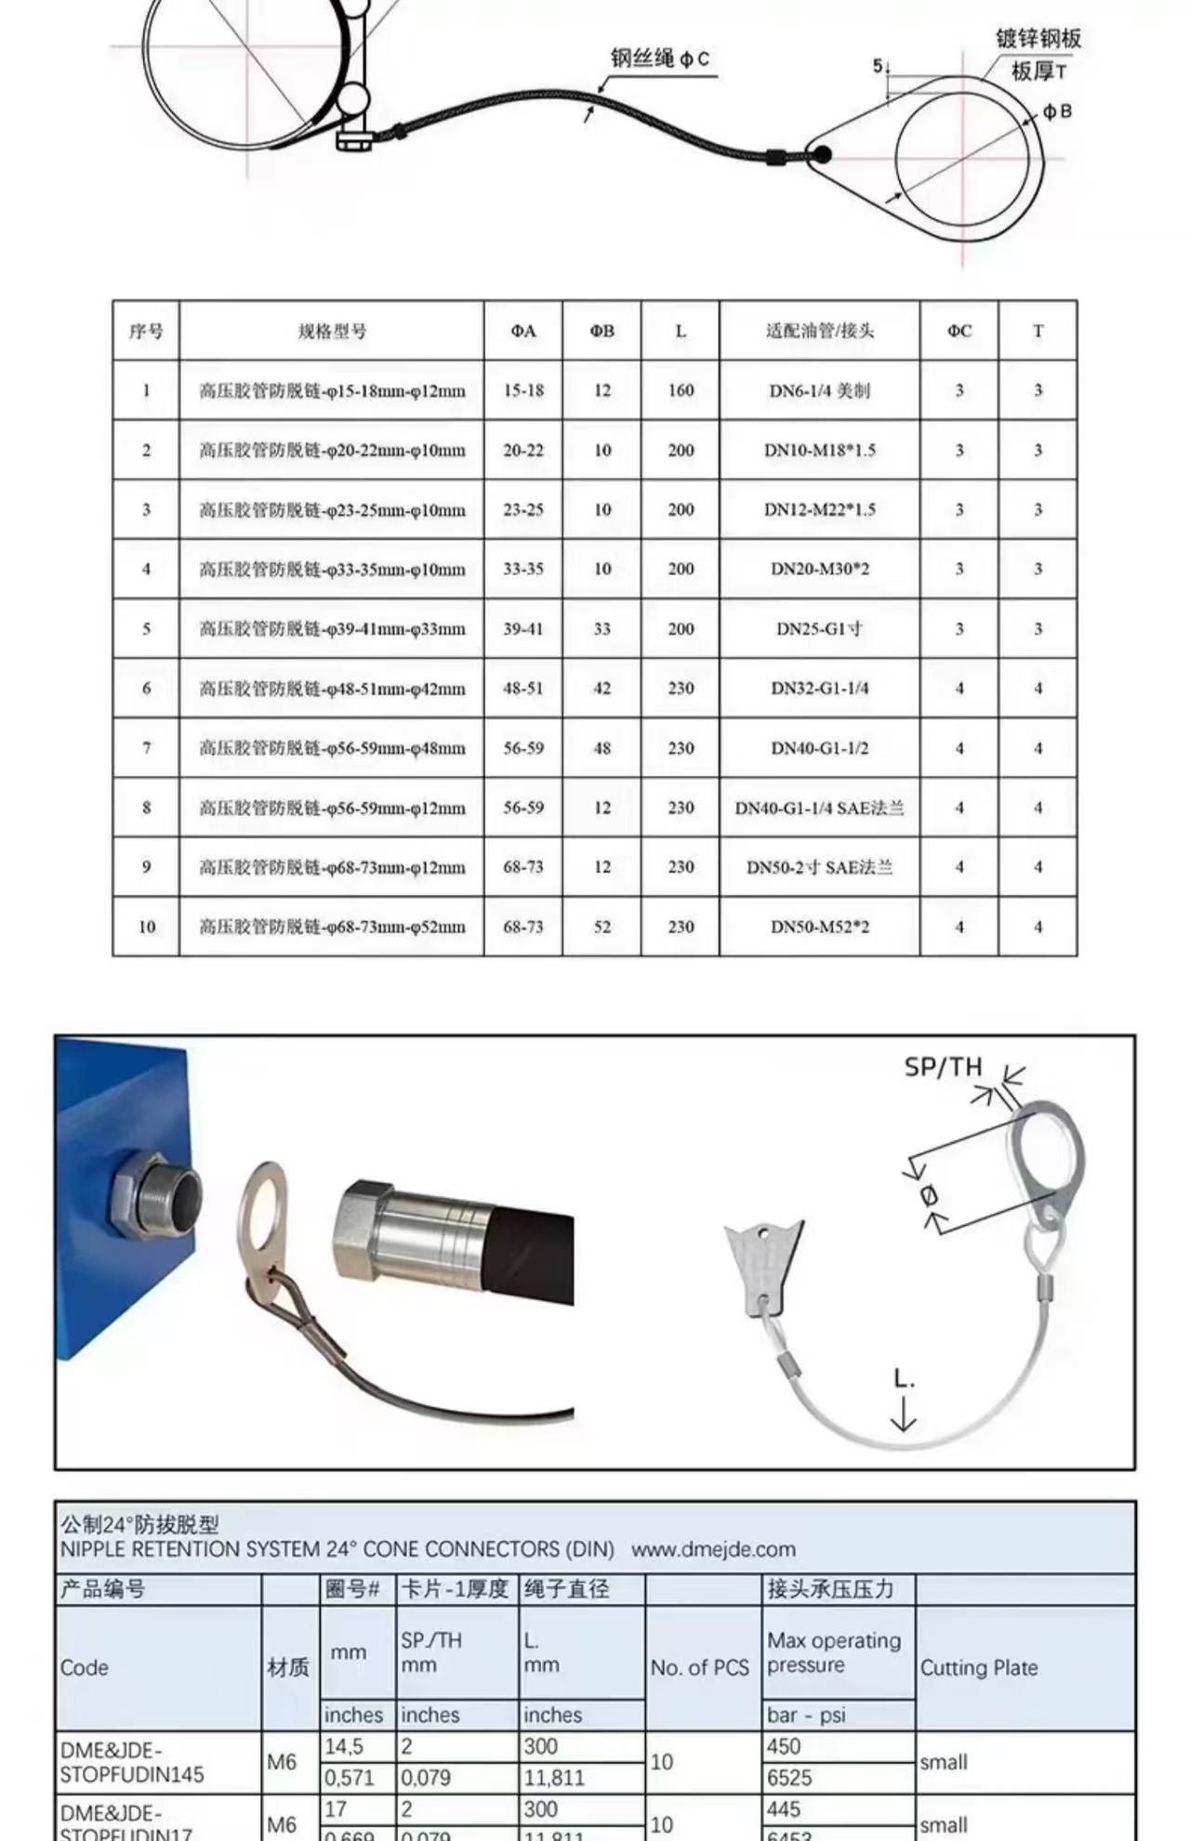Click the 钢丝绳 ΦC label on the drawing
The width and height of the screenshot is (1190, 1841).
660,59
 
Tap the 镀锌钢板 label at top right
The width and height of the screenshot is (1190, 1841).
1038,38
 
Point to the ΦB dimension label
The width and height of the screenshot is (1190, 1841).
1057,112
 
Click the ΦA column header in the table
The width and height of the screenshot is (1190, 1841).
523,331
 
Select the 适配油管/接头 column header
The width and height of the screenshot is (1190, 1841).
819,331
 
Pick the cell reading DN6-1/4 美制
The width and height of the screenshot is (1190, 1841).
819,390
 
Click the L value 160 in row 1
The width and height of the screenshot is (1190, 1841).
681,390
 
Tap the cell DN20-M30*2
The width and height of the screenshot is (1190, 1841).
819,569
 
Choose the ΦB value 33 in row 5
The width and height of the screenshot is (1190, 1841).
602,629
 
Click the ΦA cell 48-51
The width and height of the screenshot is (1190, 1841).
523,689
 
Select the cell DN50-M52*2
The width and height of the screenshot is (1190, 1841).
819,927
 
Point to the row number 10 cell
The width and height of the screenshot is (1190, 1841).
146,927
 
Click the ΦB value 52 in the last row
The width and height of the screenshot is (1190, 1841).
602,927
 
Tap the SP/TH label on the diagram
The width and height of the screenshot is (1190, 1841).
943,1067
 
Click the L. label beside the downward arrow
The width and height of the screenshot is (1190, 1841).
904,1378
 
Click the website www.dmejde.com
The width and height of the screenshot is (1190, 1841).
713,1549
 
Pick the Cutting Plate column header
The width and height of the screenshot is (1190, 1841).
978,1667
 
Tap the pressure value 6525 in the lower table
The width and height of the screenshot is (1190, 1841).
789,1778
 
